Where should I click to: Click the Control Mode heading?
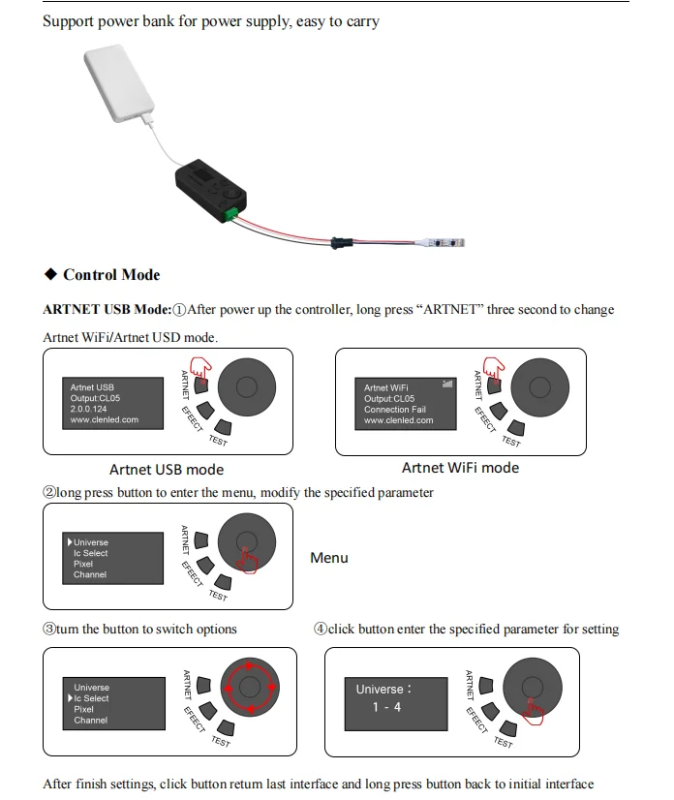click(111, 275)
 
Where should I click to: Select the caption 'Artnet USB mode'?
click(167, 470)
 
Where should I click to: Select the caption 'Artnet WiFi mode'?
click(460, 468)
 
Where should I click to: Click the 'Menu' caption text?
click(329, 558)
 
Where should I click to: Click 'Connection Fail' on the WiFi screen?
click(394, 410)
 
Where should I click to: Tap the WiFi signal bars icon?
click(446, 384)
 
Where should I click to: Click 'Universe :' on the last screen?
click(383, 690)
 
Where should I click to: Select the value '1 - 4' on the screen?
click(386, 708)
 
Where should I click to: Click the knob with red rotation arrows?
click(249, 688)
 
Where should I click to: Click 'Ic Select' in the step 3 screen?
click(91, 698)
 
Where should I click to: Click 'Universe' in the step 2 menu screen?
click(91, 542)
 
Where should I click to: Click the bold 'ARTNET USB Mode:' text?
click(107, 310)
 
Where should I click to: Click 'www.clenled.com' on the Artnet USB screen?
click(105, 420)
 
